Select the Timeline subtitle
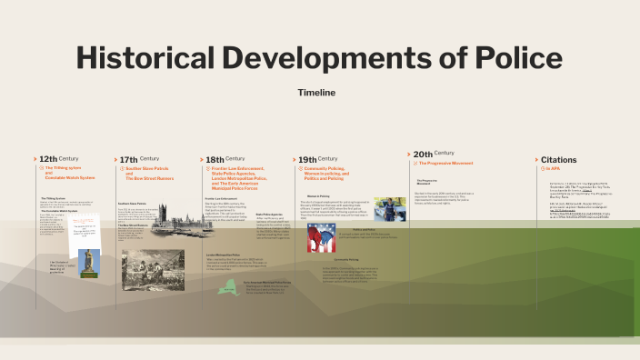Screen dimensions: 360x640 316,93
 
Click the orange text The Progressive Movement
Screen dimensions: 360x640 451,163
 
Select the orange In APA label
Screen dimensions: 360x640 553,168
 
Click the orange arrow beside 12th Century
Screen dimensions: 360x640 35,159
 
